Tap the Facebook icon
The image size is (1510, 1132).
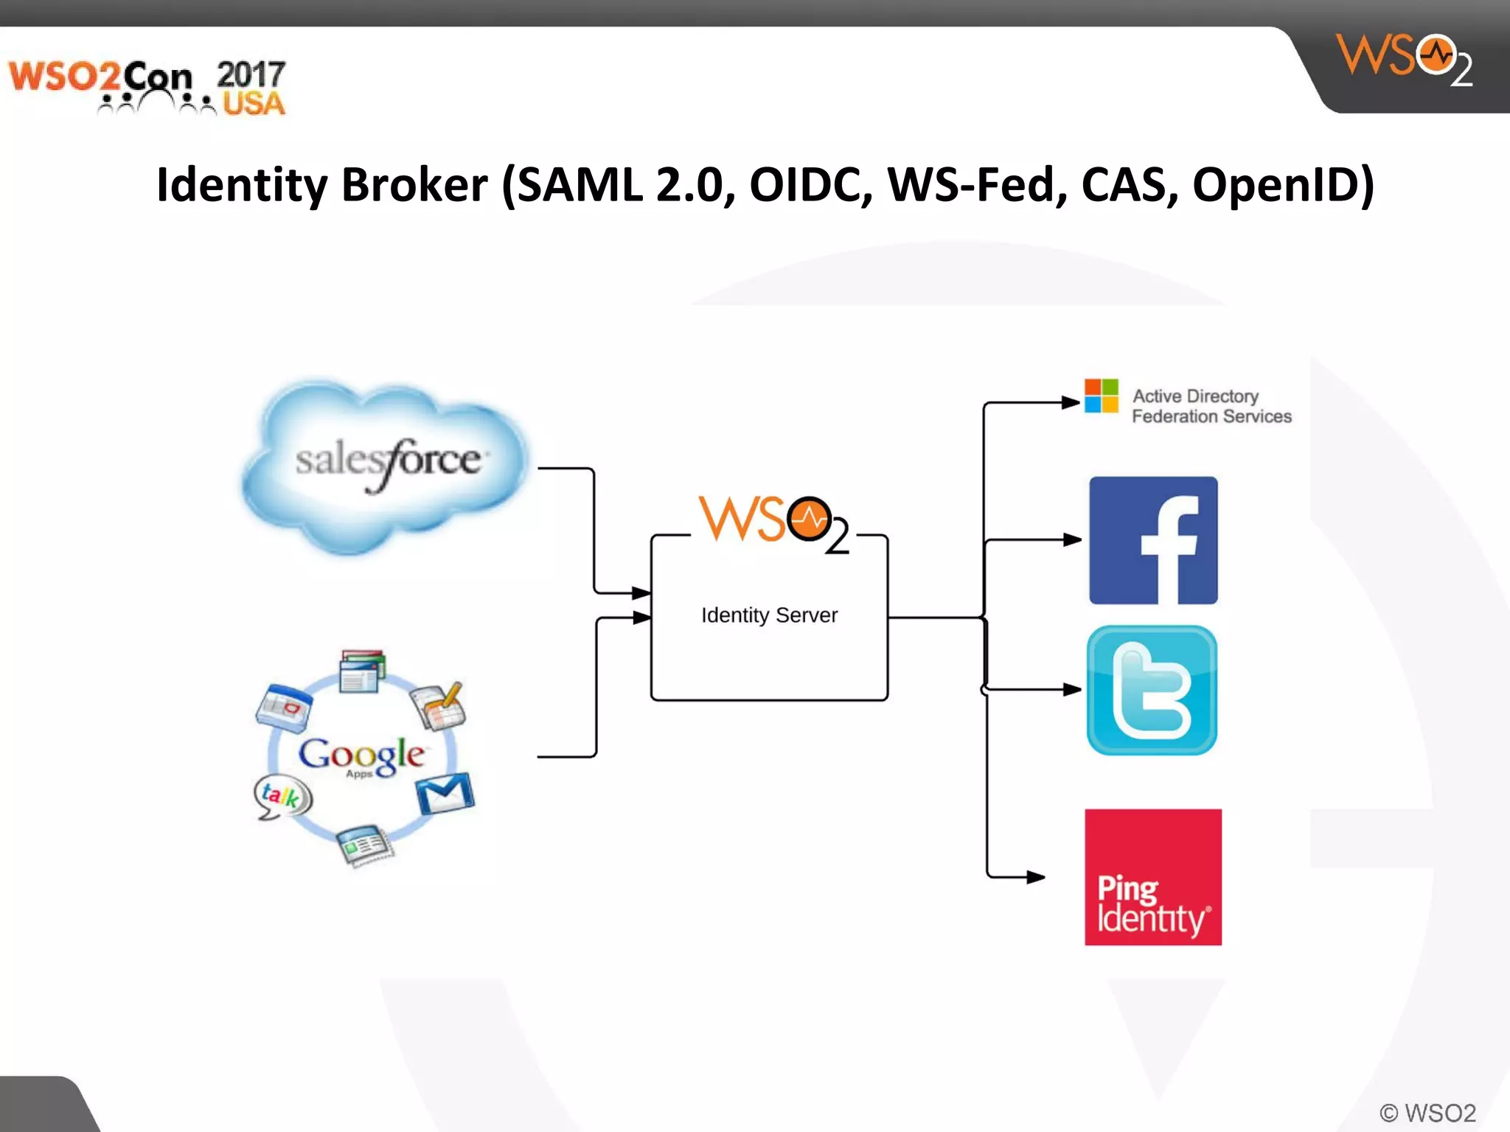[1153, 540]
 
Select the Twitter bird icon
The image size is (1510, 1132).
[1152, 690]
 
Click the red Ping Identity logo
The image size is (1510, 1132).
[1152, 877]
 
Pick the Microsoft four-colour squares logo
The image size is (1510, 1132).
[1101, 396]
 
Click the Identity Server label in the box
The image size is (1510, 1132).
[769, 615]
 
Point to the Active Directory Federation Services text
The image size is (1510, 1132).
[1211, 406]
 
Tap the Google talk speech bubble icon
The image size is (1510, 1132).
[282, 797]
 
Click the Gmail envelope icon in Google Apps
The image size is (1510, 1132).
[445, 794]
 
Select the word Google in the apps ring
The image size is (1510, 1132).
[361, 754]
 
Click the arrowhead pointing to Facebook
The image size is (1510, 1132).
[1072, 540]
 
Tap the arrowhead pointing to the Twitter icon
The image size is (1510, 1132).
[1072, 690]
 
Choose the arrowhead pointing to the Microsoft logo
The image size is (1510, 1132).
[1071, 402]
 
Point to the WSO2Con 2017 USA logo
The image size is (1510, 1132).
[147, 87]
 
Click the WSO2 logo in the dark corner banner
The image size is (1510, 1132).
[1404, 59]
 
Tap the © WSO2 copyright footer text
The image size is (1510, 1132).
[1427, 1112]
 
